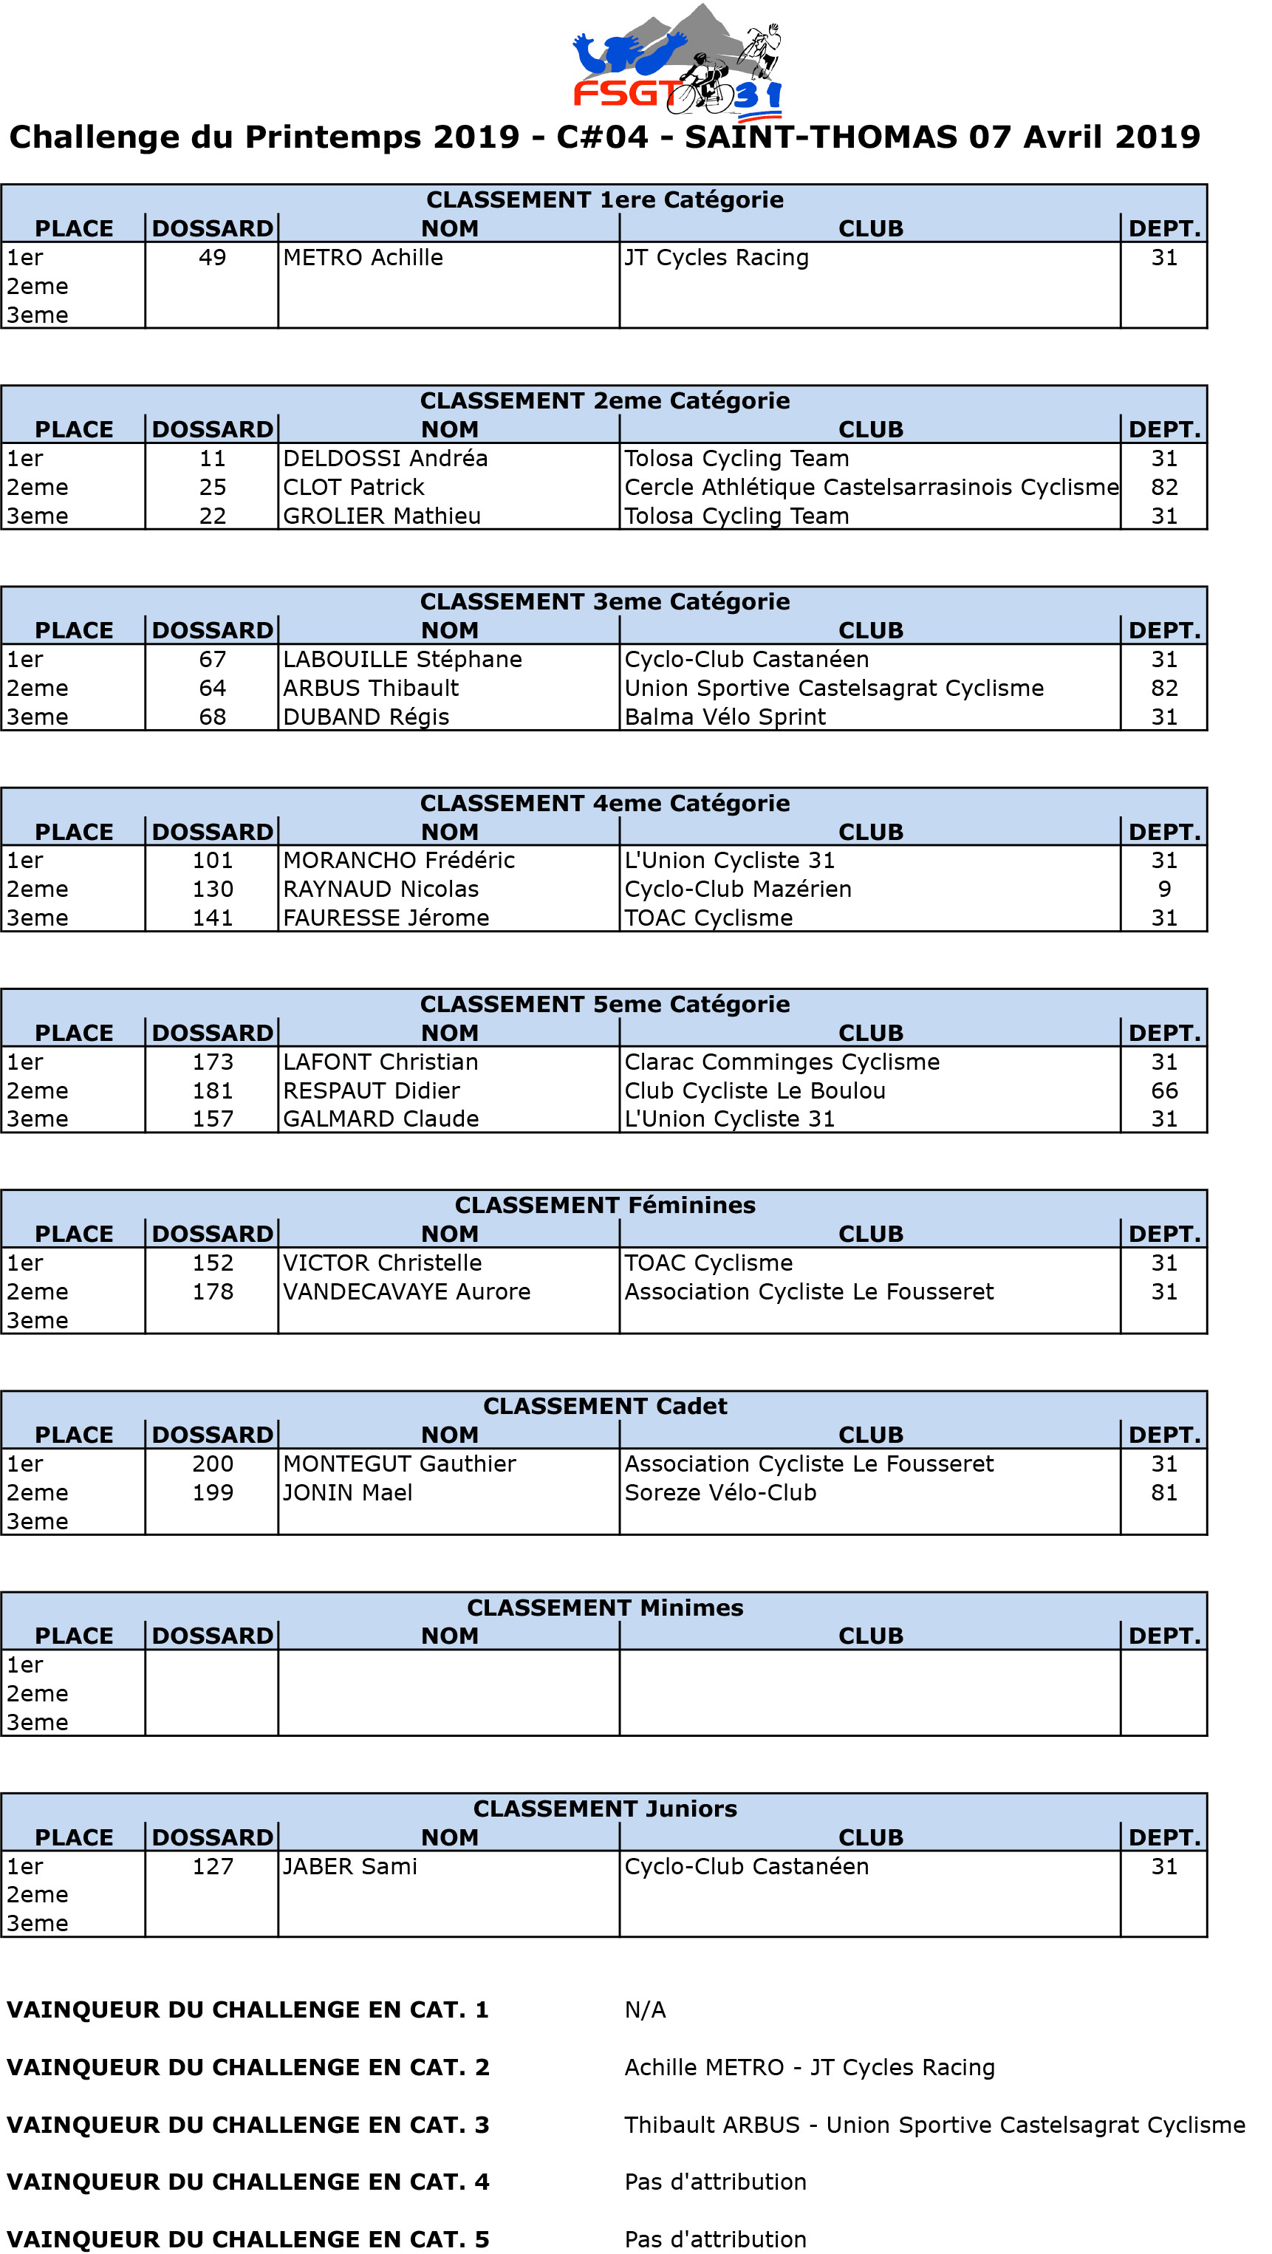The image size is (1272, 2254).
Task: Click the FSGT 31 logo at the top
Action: click(677, 61)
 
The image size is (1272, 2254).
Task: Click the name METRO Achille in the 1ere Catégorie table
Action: click(363, 257)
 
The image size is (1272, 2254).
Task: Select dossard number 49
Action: click(213, 257)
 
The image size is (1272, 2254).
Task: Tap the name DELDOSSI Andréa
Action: click(385, 459)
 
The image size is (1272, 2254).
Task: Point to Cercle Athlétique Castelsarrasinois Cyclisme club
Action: click(870, 488)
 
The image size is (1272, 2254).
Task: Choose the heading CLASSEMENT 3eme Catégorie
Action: click(604, 602)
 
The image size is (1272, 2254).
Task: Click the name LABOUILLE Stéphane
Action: click(403, 660)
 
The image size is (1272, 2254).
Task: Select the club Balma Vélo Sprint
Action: click(725, 717)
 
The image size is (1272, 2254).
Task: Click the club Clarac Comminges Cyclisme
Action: click(782, 1062)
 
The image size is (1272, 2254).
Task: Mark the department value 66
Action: click(1163, 1091)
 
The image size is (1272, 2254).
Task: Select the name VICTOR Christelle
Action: click(383, 1263)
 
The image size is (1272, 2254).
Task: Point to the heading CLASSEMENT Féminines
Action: click(604, 1206)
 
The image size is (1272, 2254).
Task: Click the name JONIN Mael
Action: click(347, 1493)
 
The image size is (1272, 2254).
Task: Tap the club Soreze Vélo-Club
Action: click(720, 1493)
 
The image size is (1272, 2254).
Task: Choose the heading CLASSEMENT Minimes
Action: click(604, 1608)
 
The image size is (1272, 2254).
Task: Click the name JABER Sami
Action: click(350, 1867)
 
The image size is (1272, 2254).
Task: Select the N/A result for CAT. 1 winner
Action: click(645, 2011)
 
